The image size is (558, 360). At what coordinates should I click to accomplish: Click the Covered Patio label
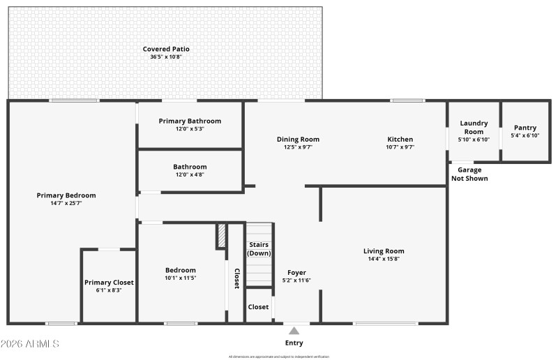166,49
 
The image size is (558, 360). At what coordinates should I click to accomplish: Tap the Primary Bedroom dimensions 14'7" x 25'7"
66,204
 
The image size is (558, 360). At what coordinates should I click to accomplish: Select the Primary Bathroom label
190,121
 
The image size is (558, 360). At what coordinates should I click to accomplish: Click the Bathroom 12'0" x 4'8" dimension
190,174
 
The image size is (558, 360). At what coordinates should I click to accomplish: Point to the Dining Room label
298,139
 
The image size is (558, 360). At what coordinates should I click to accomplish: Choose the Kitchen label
400,139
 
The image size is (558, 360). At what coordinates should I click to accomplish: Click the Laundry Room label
474,127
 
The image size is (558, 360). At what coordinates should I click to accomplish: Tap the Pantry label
525,127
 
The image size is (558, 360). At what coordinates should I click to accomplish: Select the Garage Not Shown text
469,174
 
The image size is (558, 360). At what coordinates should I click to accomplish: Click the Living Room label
384,250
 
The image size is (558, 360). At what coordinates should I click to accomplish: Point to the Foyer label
296,272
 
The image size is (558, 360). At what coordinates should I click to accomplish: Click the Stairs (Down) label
259,248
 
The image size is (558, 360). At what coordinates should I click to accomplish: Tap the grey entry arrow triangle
294,331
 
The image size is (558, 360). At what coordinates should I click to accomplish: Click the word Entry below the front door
294,343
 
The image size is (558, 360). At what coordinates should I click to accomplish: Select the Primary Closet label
109,282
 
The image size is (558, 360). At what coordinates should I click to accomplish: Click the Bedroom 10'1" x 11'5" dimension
180,278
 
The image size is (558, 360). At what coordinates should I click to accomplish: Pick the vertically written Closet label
236,278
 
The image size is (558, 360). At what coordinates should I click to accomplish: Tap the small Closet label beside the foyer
258,306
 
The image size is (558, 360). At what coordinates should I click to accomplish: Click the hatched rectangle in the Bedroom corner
221,235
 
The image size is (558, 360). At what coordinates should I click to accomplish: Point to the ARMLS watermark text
30,344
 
